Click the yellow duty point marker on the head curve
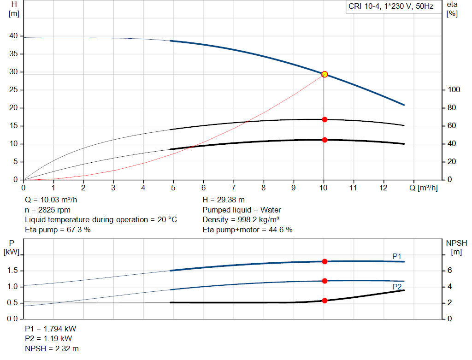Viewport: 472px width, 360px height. tap(324, 74)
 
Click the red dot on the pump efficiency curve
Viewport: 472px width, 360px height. tap(324, 119)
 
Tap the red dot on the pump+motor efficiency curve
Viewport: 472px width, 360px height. tap(324, 140)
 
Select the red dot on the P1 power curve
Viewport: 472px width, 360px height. tap(324, 261)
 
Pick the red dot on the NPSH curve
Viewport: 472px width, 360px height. tap(324, 301)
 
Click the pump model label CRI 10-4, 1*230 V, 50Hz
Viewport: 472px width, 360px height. tap(391, 6)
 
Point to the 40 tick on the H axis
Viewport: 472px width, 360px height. tap(13, 36)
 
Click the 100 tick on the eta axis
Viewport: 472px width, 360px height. tap(454, 90)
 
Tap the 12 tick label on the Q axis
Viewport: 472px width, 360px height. tap(383, 188)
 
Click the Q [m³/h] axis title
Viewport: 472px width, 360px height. tap(423, 188)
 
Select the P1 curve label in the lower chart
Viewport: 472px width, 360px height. tap(397, 256)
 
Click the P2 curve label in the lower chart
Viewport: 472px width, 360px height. tap(397, 287)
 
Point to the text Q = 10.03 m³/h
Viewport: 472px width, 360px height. tap(51, 200)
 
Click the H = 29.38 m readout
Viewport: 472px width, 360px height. tap(224, 200)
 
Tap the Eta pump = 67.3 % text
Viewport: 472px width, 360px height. tap(58, 230)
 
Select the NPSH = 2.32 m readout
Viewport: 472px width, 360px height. tap(52, 348)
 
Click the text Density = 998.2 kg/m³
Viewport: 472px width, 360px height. tap(241, 220)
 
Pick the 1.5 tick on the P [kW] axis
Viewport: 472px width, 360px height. tap(12, 271)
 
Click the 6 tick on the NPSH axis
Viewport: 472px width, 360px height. tap(449, 271)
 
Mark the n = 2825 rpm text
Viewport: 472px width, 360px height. tap(47, 210)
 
